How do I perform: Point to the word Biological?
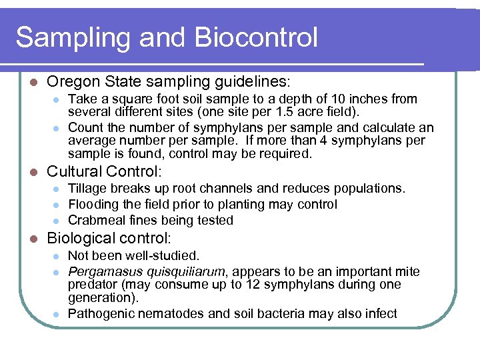(x=81, y=238)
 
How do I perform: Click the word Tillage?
(x=87, y=189)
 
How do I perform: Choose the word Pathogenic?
(x=101, y=313)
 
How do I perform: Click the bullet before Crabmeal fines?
(x=57, y=221)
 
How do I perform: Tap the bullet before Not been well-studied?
(x=57, y=256)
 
